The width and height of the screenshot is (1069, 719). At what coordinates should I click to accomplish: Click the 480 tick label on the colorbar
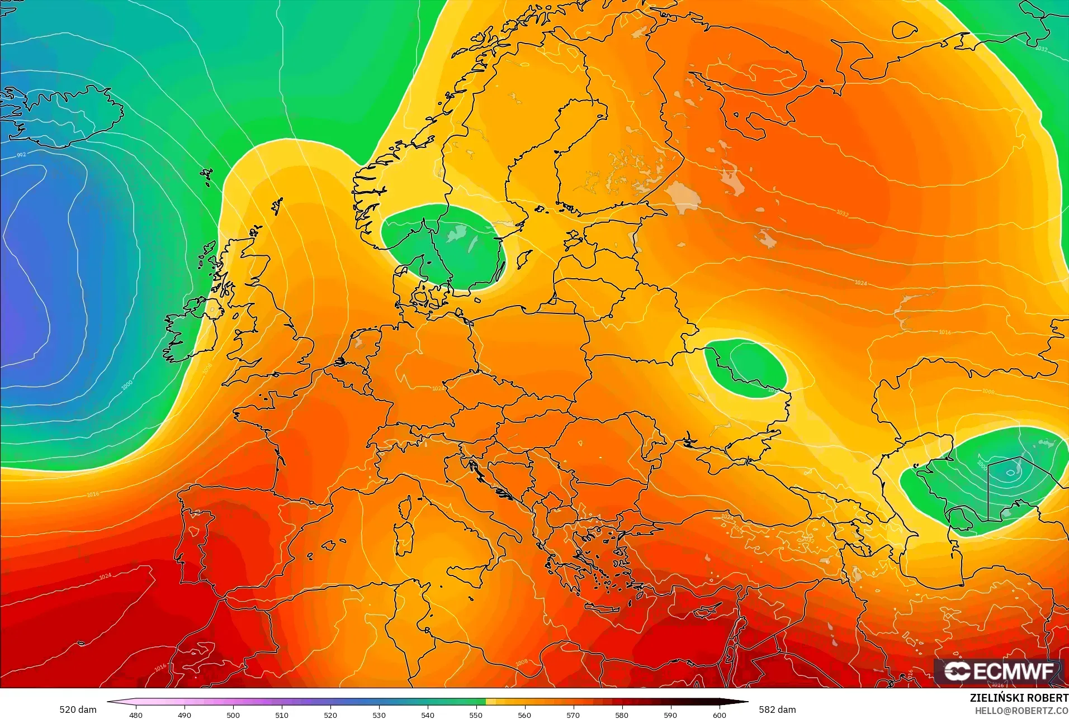click(136, 715)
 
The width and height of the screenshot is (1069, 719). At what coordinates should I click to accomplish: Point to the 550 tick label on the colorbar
click(476, 715)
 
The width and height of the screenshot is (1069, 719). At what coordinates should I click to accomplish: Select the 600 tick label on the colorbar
click(719, 715)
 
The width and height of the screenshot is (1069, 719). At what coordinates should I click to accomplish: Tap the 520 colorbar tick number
click(330, 715)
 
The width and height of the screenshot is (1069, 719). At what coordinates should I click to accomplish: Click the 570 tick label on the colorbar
click(573, 715)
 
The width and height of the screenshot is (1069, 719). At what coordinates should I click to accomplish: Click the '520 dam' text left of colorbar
click(78, 710)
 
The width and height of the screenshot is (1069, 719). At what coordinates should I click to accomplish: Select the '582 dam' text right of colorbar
click(777, 710)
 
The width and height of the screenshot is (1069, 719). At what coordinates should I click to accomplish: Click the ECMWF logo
click(999, 672)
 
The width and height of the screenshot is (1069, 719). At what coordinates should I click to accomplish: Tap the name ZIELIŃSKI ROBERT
click(1019, 698)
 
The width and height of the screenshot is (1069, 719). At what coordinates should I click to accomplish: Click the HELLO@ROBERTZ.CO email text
click(1021, 711)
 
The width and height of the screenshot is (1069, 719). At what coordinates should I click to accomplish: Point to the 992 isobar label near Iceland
click(21, 155)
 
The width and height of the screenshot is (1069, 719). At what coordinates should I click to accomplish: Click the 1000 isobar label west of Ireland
click(127, 385)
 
